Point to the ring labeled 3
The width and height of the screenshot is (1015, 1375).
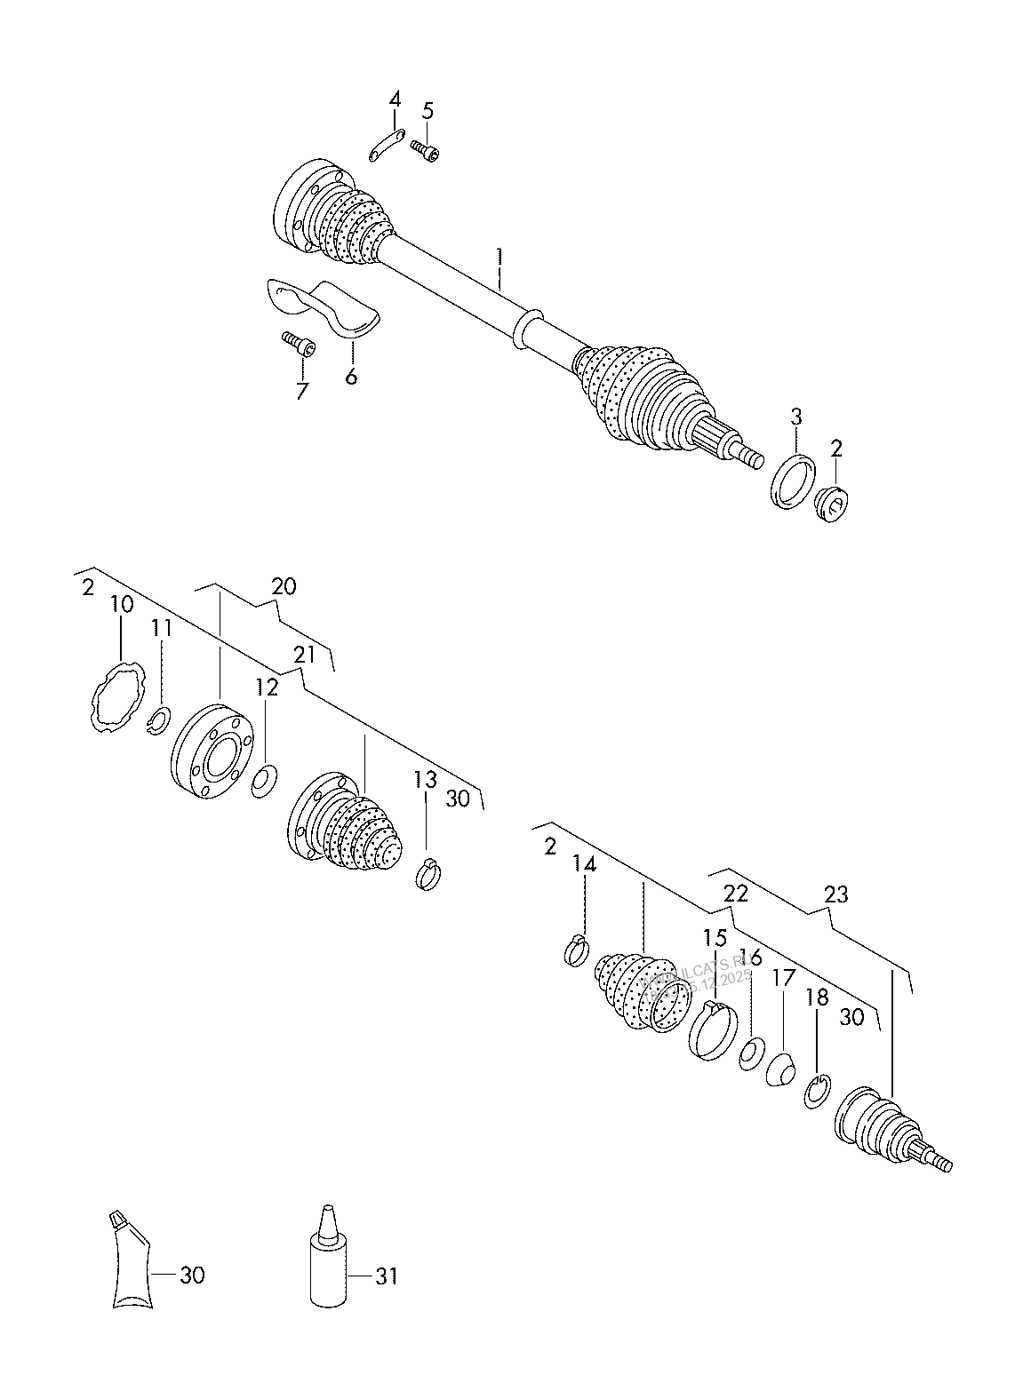point(792,480)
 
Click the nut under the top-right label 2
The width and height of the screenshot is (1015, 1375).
point(834,503)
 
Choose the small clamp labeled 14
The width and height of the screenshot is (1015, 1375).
point(576,950)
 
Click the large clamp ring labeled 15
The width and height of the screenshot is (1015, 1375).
point(713,1029)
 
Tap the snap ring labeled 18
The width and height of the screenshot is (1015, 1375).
point(817,1091)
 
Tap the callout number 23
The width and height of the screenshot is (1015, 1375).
point(836,894)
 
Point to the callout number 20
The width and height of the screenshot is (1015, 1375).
point(284,586)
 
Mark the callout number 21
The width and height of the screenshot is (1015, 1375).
point(304,656)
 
